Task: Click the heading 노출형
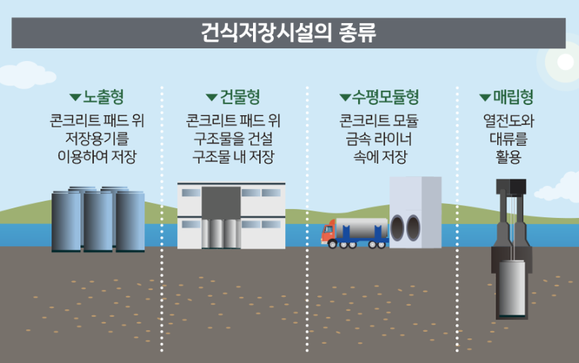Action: [103, 97]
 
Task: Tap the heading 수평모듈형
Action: [385, 97]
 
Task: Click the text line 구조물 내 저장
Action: [232, 157]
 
